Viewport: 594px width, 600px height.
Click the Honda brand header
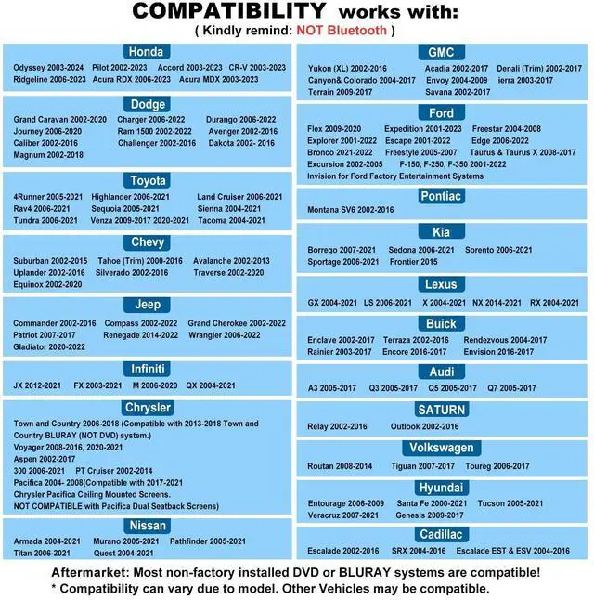click(146, 52)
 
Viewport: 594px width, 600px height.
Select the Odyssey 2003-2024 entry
click(48, 68)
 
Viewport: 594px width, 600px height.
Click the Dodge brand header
click(148, 105)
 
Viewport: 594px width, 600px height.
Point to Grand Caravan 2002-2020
click(59, 120)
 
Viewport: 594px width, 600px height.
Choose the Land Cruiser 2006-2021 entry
click(239, 197)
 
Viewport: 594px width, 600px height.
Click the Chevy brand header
click(148, 242)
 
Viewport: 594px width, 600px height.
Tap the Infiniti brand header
click(148, 369)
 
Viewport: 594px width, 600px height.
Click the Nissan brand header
click(148, 526)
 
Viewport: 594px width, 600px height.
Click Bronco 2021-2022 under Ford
click(339, 152)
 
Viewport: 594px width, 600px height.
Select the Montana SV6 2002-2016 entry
click(350, 210)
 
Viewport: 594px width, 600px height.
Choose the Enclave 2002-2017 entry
click(341, 341)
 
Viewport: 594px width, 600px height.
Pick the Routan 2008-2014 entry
click(340, 466)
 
